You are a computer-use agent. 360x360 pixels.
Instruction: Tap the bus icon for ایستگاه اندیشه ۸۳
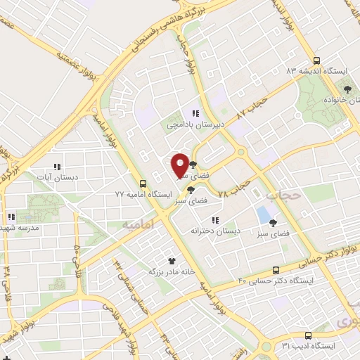coord(316,60)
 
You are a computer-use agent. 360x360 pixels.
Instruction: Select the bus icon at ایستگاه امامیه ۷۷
coord(143,181)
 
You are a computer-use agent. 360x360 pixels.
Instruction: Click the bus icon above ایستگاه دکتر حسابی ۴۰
coord(276,270)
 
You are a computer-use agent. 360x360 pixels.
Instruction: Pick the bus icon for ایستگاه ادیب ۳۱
coord(308,335)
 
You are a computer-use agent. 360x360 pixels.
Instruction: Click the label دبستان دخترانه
coord(215,230)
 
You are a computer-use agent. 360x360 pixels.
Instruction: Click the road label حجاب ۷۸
coord(235,186)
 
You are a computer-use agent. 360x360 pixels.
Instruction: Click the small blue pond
coord(264,214)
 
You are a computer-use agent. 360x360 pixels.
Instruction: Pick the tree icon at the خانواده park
coord(347,89)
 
